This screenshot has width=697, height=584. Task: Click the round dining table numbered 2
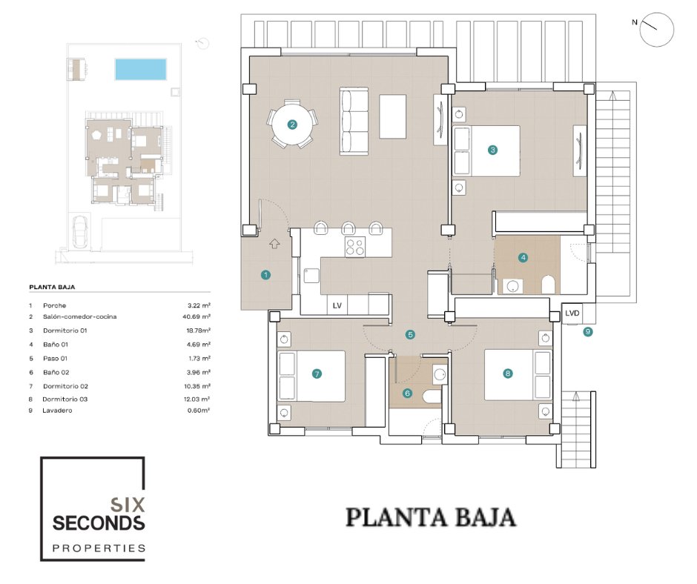[x=292, y=125]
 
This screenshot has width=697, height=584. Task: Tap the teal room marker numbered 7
[x=317, y=374]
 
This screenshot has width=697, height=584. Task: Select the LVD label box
[x=572, y=313]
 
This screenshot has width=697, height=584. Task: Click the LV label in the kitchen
[x=337, y=305]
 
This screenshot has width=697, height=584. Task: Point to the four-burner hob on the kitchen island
[x=355, y=247]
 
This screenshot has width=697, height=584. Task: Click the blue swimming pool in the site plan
[x=140, y=70]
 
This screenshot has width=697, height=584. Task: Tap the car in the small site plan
[x=81, y=231]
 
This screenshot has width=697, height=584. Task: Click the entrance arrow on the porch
[x=274, y=243]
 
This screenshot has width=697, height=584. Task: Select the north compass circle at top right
[x=657, y=30]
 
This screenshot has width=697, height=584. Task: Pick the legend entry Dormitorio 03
[x=65, y=399]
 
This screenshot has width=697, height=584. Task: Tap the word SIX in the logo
[x=127, y=505]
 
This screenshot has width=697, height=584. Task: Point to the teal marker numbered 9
[x=588, y=331]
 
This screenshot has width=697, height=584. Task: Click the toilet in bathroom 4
[x=549, y=285]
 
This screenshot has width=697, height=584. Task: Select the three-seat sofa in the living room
[x=354, y=122]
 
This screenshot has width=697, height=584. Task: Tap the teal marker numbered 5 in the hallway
[x=410, y=335]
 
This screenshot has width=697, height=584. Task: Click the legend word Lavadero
[x=57, y=411]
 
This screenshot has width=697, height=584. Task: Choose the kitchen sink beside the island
[x=311, y=276]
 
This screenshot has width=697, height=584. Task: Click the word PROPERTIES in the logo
[x=99, y=548]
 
